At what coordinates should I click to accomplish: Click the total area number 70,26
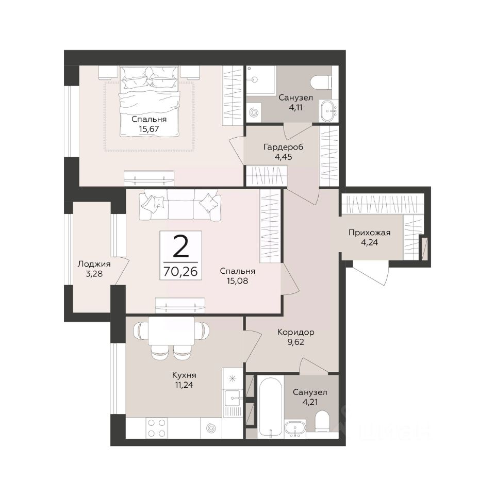click(x=180, y=271)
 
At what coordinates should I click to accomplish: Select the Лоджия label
click(x=94, y=264)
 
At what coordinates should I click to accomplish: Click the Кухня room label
click(x=184, y=375)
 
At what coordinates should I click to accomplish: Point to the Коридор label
click(x=296, y=332)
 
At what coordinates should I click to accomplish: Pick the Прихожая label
click(x=369, y=233)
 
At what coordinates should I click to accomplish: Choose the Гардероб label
click(x=283, y=147)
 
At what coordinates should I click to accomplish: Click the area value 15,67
click(x=148, y=129)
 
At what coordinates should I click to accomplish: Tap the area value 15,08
click(x=237, y=280)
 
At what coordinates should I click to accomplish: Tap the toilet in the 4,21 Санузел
click(x=322, y=422)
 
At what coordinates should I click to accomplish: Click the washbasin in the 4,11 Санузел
click(x=329, y=110)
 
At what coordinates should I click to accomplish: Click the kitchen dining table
click(x=171, y=331)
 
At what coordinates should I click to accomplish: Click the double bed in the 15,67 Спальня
click(x=149, y=102)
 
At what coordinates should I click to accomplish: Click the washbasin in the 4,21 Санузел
click(x=295, y=428)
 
